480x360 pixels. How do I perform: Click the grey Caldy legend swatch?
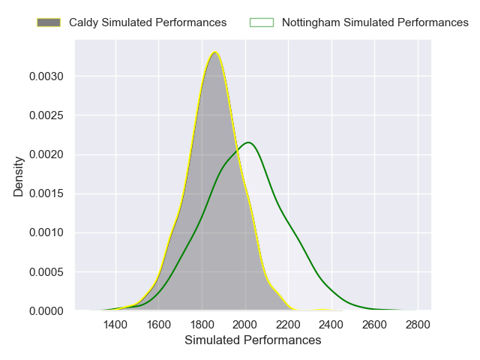click(49, 22)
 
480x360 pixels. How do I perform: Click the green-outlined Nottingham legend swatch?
click(262, 22)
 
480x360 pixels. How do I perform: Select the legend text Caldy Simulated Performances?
click(148, 22)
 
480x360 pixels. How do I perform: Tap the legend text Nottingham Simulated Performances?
click(375, 22)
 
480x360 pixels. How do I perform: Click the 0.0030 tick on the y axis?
click(48, 76)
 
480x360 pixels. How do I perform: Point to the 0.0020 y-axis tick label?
click(48, 154)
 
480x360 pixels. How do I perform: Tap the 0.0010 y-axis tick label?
click(48, 232)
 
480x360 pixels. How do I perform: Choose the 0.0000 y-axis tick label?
click(48, 310)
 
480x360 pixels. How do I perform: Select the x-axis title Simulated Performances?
click(253, 340)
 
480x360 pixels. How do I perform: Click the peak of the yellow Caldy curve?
click(215, 52)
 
